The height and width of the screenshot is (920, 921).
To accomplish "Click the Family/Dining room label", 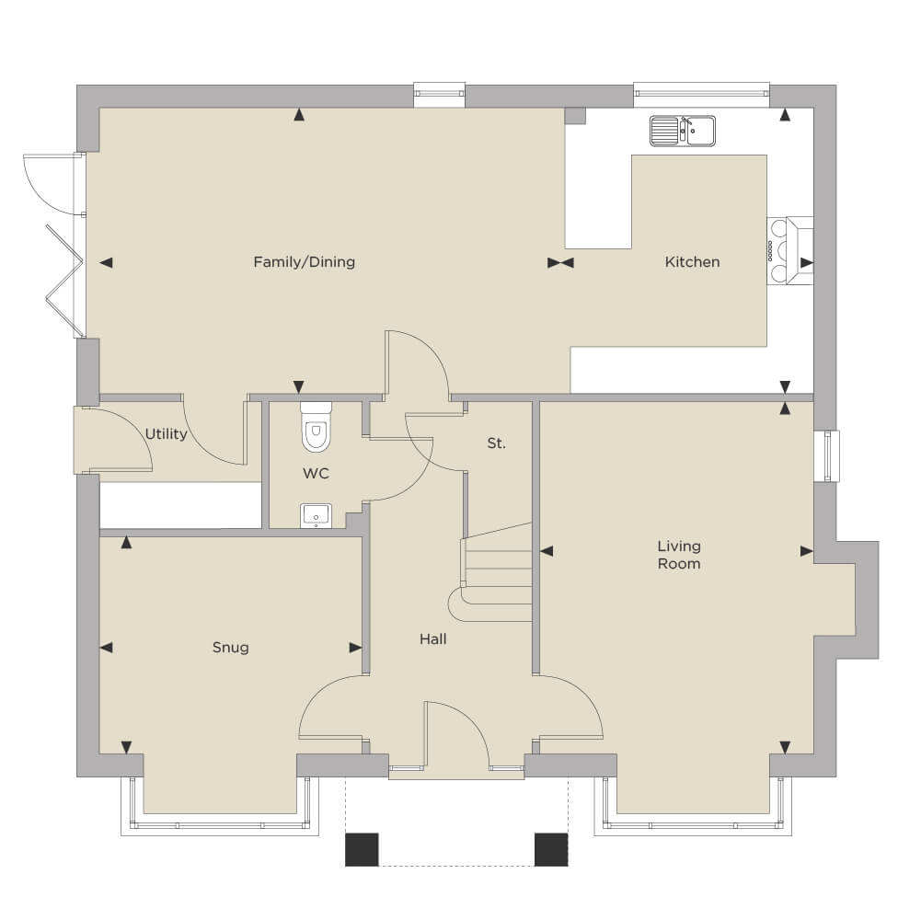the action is point(305,262).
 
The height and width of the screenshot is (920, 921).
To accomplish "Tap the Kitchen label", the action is point(692,262).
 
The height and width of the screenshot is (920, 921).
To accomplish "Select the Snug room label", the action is point(230,648).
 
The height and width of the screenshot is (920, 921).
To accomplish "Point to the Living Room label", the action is point(679,555).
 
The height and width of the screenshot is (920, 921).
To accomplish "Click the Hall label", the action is point(432,639).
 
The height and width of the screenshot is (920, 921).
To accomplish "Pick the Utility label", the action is point(167,434).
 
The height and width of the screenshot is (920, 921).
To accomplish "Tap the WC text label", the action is point(316,474).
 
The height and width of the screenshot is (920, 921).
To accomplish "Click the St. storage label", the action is point(496,443).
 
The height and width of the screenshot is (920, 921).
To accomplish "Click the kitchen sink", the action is point(683,131).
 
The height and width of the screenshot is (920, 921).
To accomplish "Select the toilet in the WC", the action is point(316,427).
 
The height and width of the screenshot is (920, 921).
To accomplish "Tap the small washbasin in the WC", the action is point(316,516).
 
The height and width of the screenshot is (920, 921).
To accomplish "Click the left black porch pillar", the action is point(362,849).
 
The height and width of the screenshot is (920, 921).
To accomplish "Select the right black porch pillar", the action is point(551,849).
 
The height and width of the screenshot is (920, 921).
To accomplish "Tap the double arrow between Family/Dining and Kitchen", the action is point(560,262).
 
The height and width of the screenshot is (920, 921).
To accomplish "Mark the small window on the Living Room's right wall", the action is point(826,456).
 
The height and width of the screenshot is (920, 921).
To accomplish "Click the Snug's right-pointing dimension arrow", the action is point(355,648).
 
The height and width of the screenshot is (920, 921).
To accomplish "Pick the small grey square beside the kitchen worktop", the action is point(576,116).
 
